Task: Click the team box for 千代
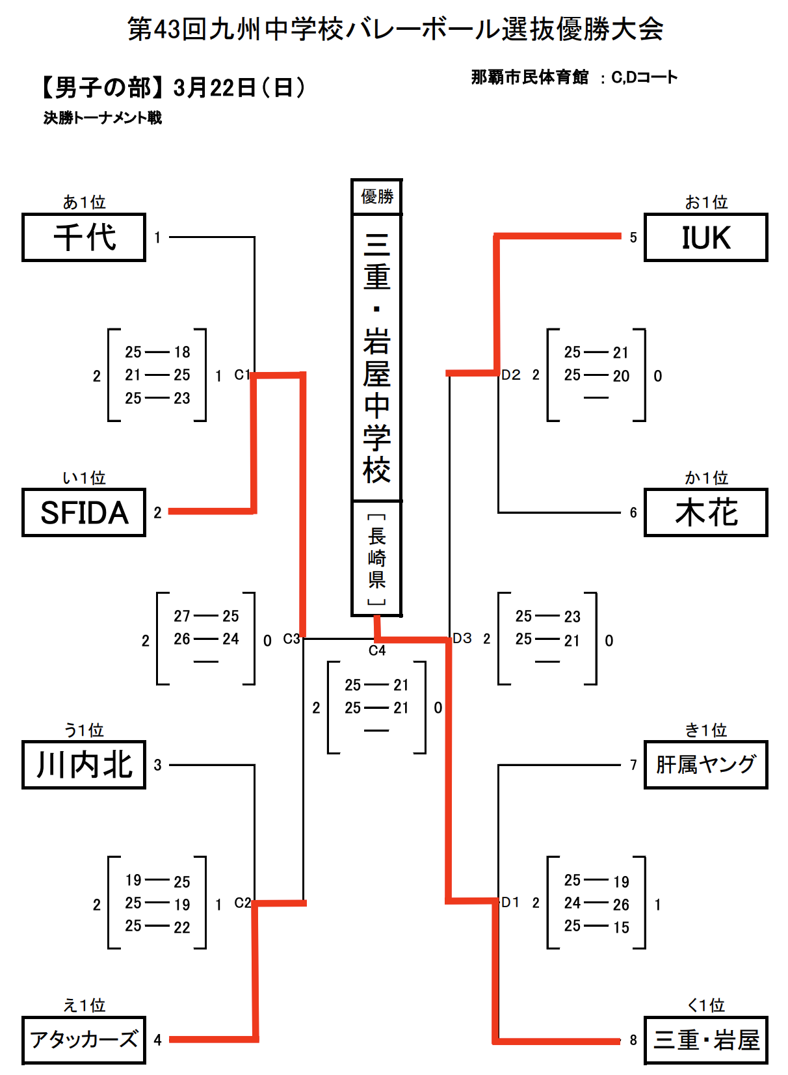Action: pos(84,237)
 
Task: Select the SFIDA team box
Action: pos(84,512)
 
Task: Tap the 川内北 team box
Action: pos(84,765)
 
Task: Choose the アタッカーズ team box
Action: pos(84,1040)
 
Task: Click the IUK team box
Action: pos(706,237)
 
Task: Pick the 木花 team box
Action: pos(706,512)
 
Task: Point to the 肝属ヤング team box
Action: pos(706,765)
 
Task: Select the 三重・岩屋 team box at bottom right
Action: pos(706,1040)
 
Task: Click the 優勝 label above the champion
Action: pos(377,196)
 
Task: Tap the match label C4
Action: pos(377,650)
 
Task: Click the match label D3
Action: pos(462,639)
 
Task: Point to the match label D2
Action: pos(511,375)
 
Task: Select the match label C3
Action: pos(291,639)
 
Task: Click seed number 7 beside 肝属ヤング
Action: pos(633,765)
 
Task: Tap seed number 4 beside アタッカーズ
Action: pos(157,1040)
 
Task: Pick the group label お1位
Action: pos(706,202)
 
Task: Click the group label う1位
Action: pos(84,730)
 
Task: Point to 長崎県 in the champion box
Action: pos(377,558)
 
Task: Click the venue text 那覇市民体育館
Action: pos(529,77)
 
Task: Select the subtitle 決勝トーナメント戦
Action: pos(103,118)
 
